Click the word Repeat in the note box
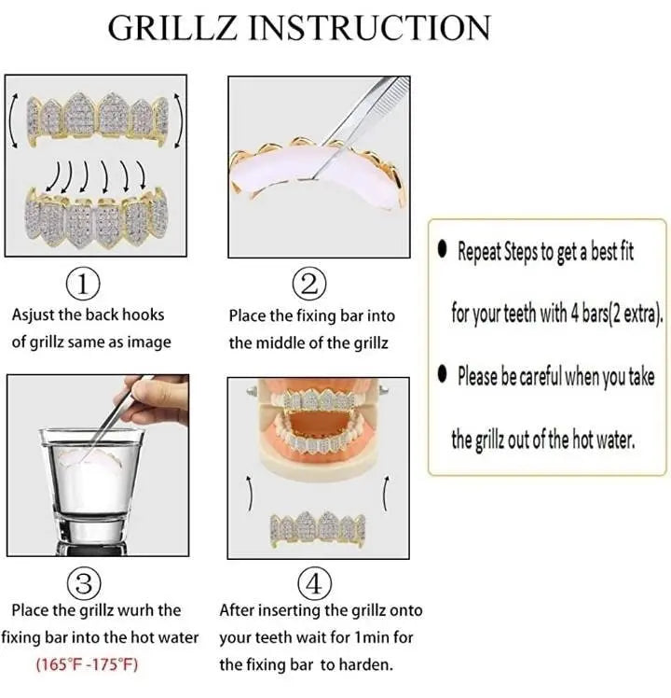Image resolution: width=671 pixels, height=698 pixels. [x=478, y=252]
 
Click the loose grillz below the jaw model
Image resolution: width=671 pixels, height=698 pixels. [x=317, y=528]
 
